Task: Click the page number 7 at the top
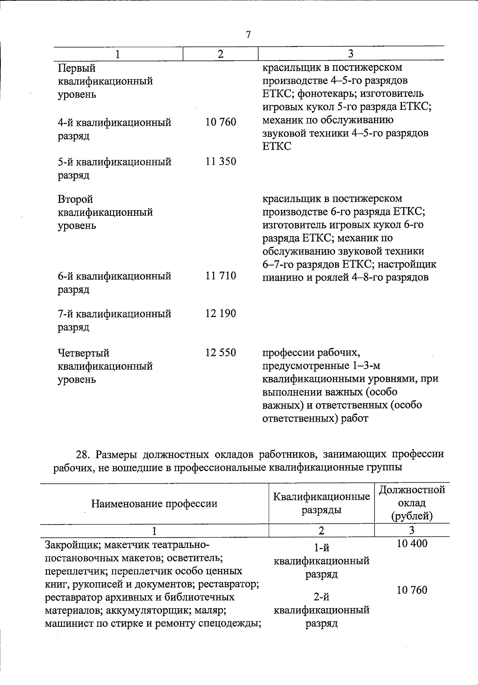tap(248, 35)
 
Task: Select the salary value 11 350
tap(221, 162)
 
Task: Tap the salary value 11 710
tap(221, 276)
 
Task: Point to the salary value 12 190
tap(221, 313)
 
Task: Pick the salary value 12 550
tap(221, 353)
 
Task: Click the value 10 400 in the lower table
tap(412, 544)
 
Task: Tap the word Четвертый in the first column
tap(83, 353)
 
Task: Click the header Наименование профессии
tap(154, 504)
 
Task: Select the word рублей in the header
tap(412, 517)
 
